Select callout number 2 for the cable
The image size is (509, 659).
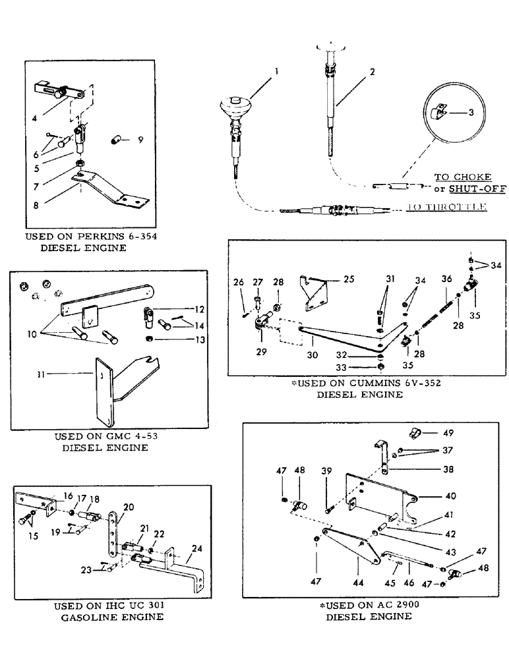373,71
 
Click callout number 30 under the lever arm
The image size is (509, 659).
311,355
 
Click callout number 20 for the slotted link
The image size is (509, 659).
128,507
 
